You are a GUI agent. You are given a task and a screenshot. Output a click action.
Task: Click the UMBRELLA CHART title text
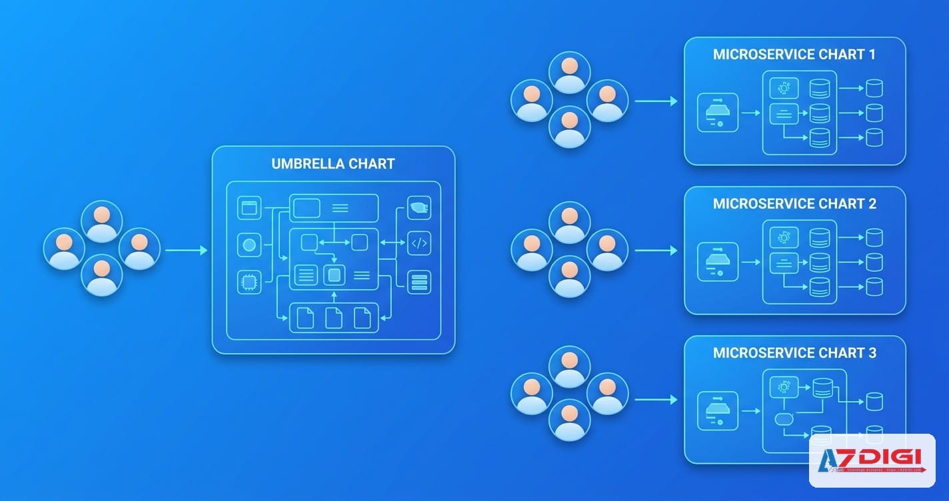tap(333, 164)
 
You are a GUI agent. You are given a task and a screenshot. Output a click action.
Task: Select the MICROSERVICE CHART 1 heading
tap(794, 55)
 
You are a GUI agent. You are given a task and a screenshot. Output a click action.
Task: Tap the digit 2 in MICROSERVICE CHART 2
tap(872, 204)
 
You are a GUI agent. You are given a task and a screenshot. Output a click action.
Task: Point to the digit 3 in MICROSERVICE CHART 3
tap(872, 353)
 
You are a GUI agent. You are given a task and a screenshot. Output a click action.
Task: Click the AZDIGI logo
tap(872, 460)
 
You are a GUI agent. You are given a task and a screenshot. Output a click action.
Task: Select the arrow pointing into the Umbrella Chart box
tap(186, 250)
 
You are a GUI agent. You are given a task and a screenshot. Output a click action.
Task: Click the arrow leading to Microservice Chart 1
tap(656, 101)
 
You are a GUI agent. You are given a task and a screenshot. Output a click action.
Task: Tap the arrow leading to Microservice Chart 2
tap(656, 250)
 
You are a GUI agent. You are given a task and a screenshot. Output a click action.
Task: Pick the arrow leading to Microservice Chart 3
tap(656, 400)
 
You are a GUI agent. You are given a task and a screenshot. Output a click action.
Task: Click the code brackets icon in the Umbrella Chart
tap(419, 243)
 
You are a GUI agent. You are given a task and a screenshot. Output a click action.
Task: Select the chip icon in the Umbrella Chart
tap(249, 282)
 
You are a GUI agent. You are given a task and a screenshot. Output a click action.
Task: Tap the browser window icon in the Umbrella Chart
tap(249, 208)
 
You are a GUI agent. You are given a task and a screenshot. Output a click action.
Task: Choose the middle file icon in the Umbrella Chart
tap(333, 317)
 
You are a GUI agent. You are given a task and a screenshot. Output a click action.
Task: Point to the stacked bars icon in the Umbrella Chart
tap(419, 282)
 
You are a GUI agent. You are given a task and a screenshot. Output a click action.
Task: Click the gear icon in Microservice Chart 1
tap(784, 88)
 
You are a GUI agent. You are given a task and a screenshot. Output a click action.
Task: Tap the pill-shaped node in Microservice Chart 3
tap(784, 420)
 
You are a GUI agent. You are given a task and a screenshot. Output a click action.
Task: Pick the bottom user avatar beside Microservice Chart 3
tap(569, 420)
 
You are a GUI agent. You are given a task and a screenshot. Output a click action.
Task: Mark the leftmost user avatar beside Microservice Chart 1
tap(531, 101)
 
